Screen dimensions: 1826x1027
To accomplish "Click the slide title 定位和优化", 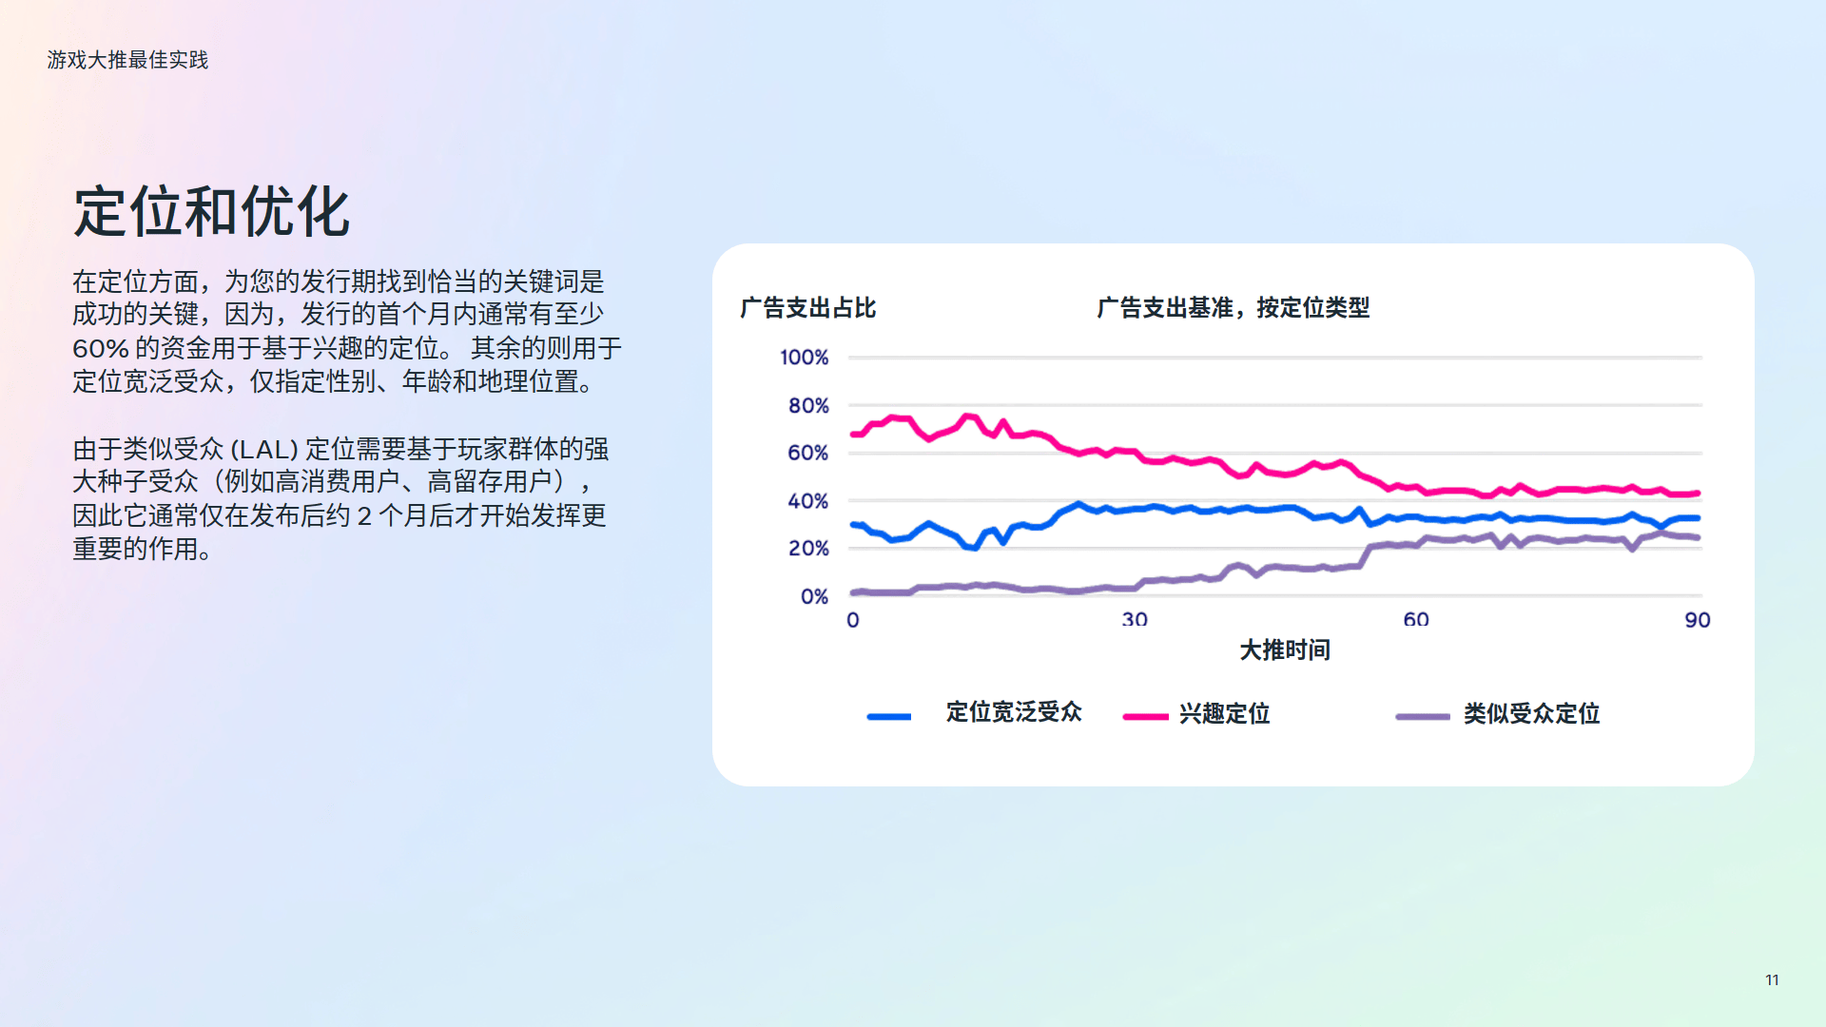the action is point(212,211).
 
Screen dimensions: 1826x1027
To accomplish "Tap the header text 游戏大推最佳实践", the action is point(127,60).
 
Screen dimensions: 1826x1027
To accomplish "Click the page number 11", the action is point(1772,979).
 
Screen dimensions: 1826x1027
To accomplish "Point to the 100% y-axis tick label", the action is point(805,358).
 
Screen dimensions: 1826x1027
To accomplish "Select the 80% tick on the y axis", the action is point(808,406).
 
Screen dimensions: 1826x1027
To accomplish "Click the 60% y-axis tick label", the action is point(808,453).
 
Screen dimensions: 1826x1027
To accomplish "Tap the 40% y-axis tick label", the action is point(808,501).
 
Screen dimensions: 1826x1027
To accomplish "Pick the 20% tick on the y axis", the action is point(808,549).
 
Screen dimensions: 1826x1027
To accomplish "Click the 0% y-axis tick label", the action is point(815,596).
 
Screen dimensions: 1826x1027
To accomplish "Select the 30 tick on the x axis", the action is point(1135,620).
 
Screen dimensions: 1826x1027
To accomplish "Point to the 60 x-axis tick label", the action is point(1416,620).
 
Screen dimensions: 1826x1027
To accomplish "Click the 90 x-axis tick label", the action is point(1698,620).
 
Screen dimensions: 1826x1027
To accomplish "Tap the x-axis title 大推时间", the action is point(1285,650).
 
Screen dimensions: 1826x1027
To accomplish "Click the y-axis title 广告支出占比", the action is point(808,308).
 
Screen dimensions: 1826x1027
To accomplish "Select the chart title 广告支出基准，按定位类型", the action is point(1234,308).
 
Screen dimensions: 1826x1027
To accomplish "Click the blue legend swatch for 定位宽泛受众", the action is point(889,716).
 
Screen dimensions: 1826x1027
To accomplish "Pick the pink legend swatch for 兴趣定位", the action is point(1146,716).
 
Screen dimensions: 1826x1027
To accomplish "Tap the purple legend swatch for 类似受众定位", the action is point(1423,716).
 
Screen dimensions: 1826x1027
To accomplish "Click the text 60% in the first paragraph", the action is point(101,348).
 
